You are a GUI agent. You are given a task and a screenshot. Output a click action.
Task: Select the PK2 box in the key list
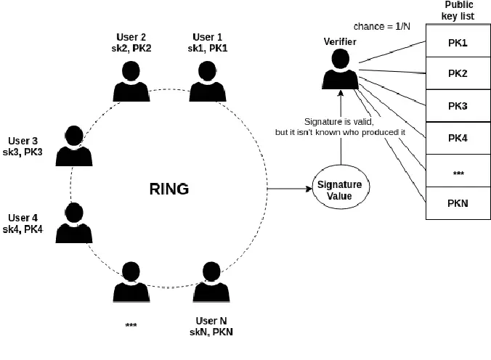click(457, 74)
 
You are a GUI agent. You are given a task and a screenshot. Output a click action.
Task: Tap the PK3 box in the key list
click(457, 106)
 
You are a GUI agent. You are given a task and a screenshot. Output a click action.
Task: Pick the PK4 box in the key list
click(457, 138)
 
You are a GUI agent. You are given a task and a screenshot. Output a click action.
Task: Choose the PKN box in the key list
click(457, 203)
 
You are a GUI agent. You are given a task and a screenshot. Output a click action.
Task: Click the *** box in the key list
click(457, 171)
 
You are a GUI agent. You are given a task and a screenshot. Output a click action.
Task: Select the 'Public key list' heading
click(458, 11)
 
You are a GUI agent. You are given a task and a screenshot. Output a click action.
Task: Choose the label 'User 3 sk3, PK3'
click(28, 146)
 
